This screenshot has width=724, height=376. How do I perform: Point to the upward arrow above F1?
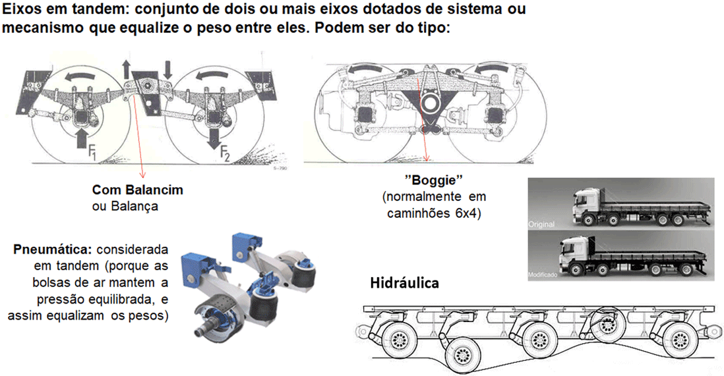[81, 136]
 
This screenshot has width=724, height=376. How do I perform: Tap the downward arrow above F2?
[214, 137]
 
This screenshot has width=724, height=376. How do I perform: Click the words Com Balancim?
[138, 190]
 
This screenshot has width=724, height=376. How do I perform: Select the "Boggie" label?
[433, 180]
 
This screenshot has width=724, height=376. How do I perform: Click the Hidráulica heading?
[404, 282]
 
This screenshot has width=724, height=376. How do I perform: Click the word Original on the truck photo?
[541, 224]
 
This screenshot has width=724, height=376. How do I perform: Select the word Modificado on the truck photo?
[543, 275]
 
